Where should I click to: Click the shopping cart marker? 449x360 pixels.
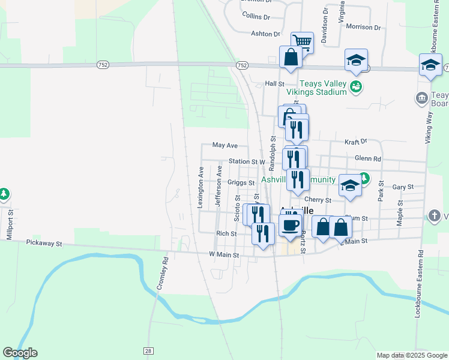pos(303,42)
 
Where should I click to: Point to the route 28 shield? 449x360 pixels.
pos(148,350)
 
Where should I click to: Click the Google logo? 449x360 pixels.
pos(20,353)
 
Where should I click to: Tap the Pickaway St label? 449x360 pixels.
pos(44,244)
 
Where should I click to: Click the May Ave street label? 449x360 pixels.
pos(225,145)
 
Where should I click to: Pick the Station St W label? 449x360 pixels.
pos(247,162)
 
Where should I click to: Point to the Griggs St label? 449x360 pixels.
pos(241,182)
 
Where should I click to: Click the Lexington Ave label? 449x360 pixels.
pos(201,187)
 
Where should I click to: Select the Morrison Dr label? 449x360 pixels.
pos(364,27)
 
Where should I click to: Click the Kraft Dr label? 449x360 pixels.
pos(355,142)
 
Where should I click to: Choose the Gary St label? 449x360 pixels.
pos(403,187)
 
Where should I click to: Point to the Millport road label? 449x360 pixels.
pos(9,224)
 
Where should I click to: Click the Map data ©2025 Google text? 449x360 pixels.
pos(411,355)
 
